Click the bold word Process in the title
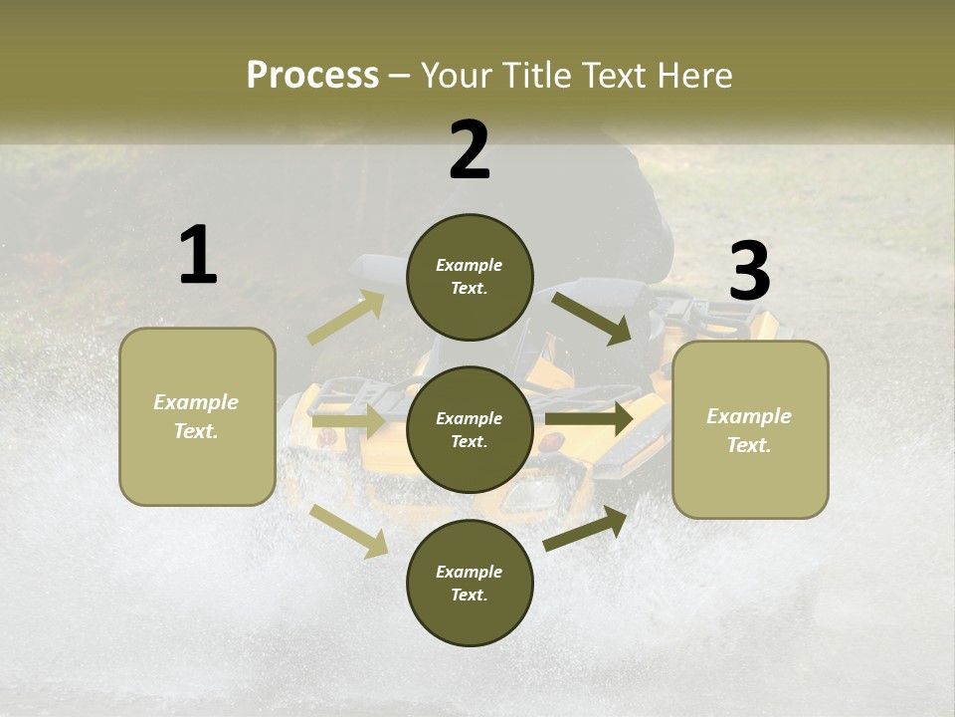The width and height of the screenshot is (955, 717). click(312, 75)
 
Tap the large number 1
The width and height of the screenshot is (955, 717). click(198, 255)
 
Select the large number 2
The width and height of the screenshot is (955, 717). click(470, 150)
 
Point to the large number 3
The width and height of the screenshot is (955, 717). click(749, 271)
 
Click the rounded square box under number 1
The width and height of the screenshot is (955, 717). click(197, 416)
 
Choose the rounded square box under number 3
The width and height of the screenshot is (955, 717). click(750, 429)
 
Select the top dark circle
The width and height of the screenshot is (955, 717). click(470, 277)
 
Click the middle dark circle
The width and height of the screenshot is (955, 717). click(470, 429)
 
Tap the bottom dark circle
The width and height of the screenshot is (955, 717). click(470, 583)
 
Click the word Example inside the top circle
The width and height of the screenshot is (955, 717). click(470, 265)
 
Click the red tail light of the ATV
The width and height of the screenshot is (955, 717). click(551, 441)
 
